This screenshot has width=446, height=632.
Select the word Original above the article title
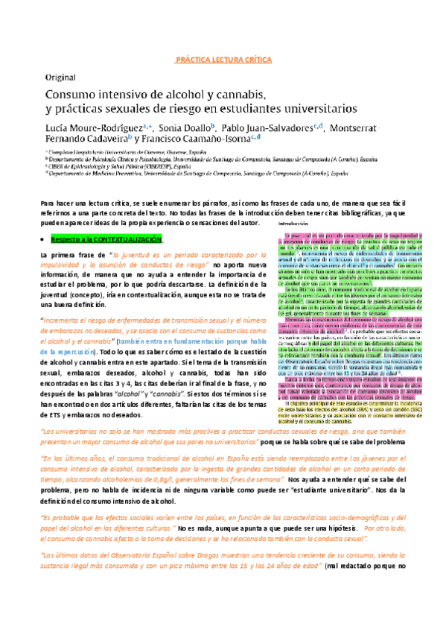pyautogui.click(x=60, y=78)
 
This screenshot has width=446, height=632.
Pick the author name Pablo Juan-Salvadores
pyautogui.click(x=271, y=127)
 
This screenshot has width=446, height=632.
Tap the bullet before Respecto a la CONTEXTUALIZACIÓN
pyautogui.click(x=43, y=240)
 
